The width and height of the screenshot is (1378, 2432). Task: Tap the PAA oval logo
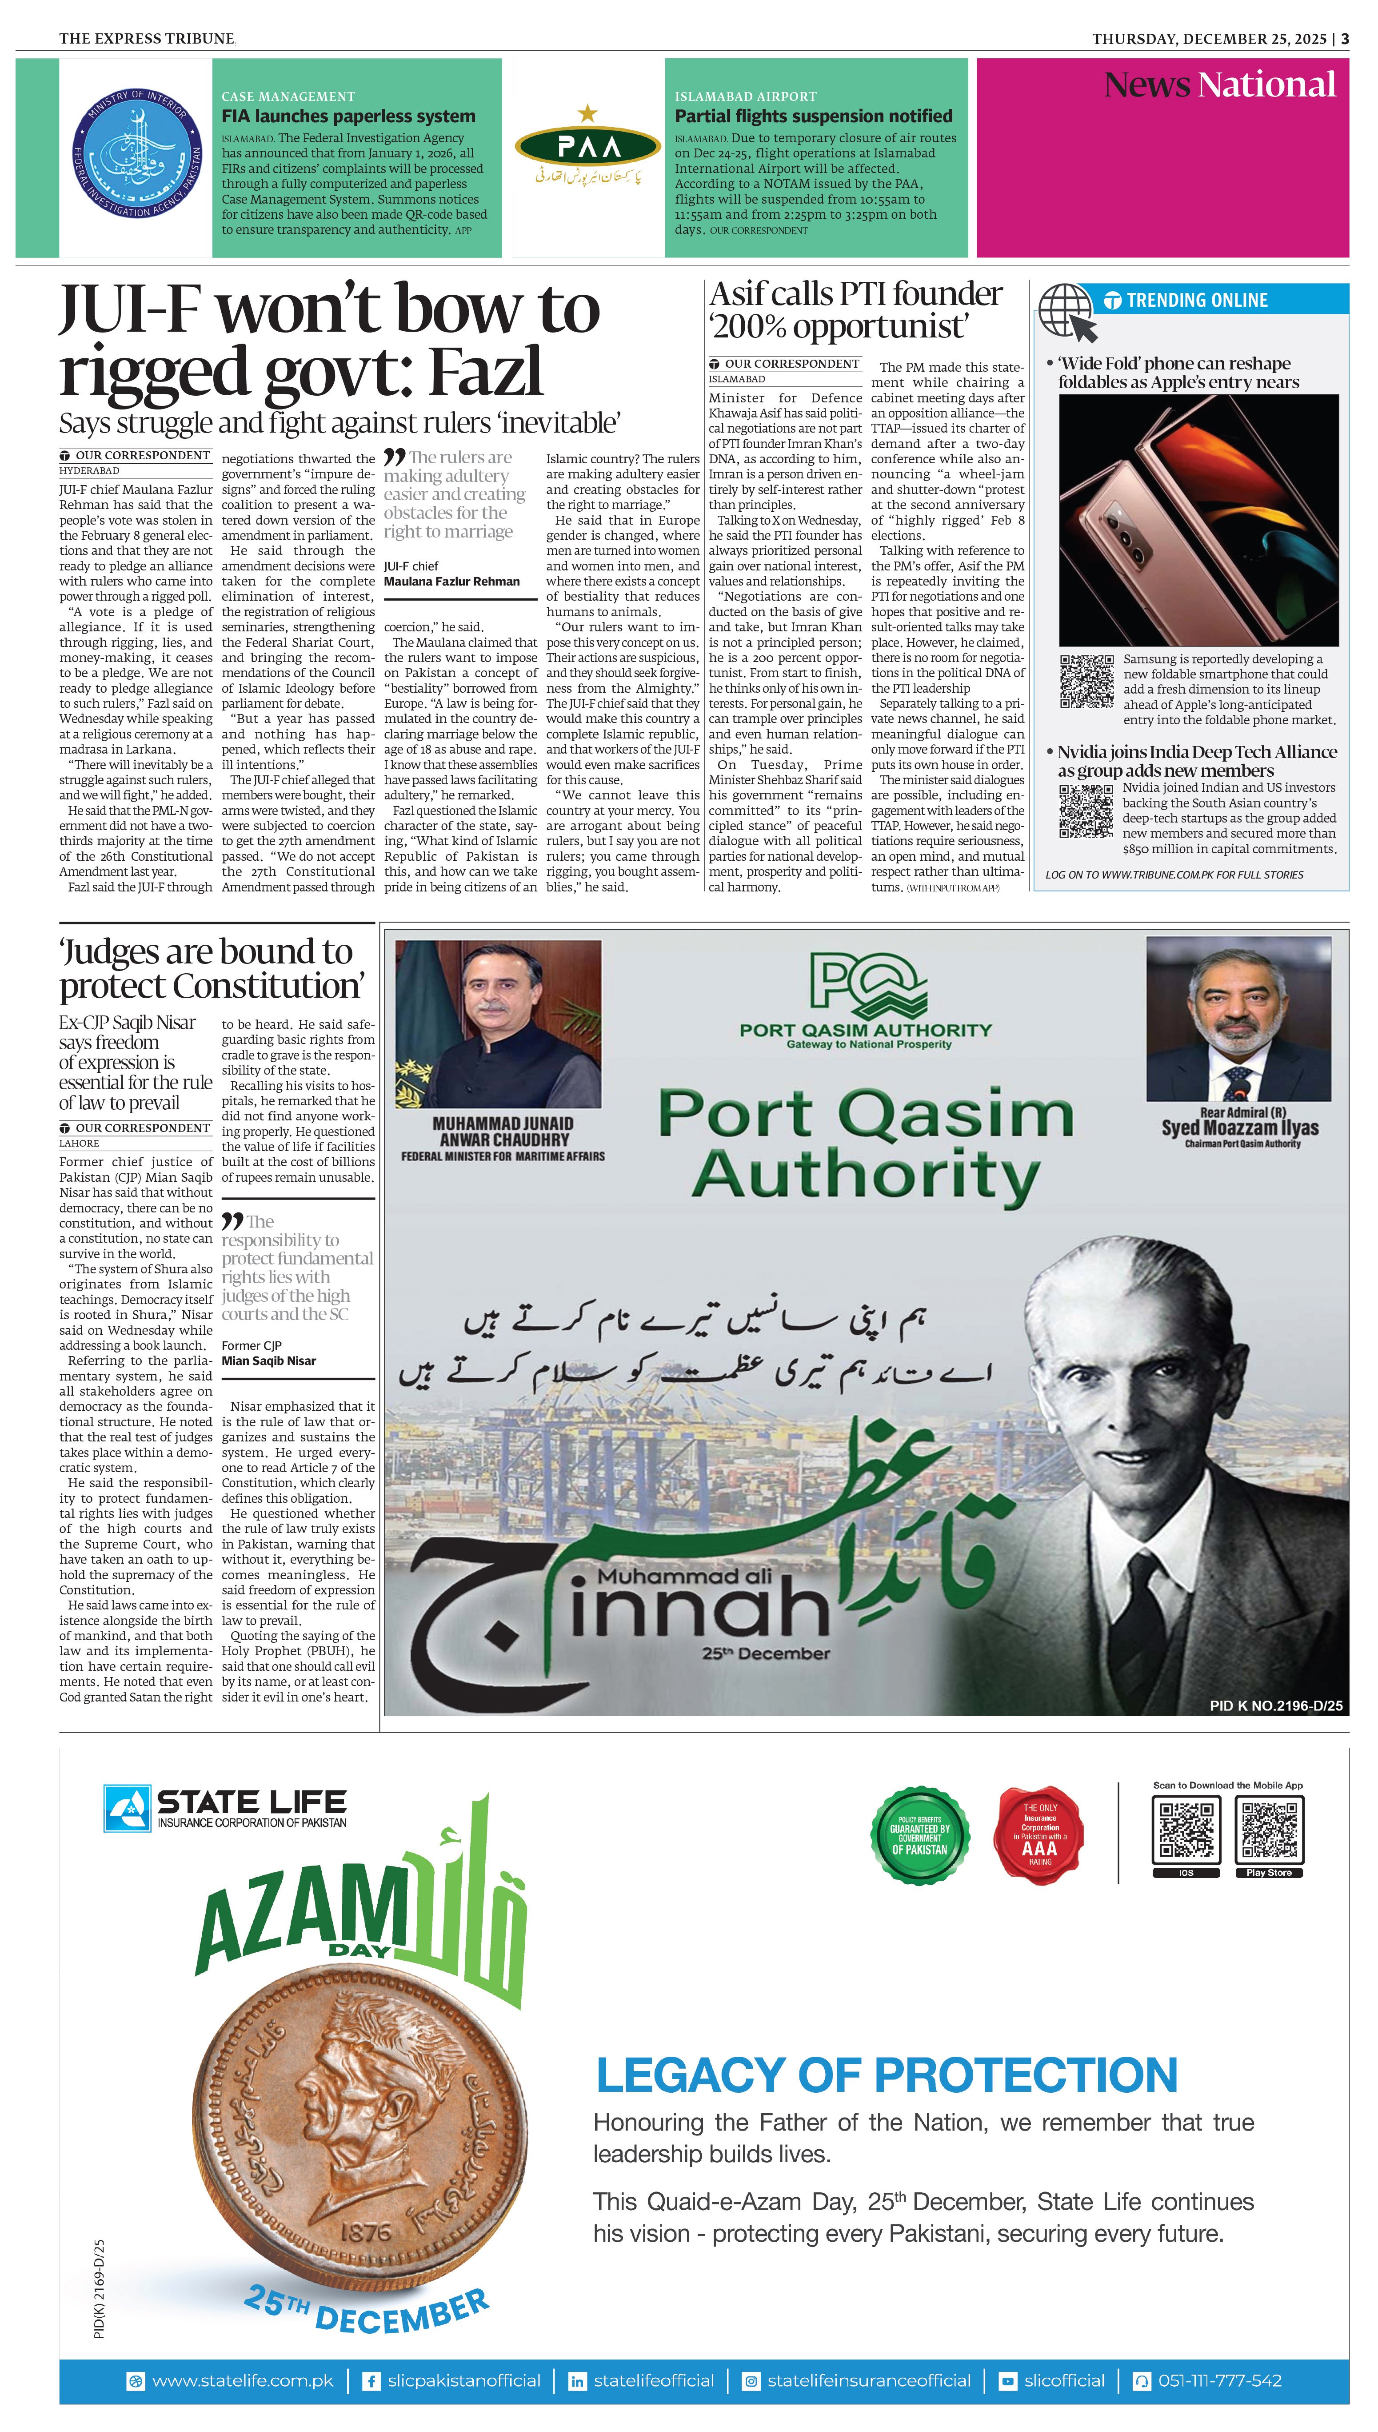point(588,147)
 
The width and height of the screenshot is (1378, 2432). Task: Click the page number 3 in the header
point(1344,39)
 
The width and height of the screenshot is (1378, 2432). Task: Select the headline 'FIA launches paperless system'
point(348,116)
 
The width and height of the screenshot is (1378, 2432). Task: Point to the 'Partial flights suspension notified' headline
point(813,116)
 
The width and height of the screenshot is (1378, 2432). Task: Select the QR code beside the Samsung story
point(1086,681)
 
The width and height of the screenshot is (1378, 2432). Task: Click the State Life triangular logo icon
point(127,1808)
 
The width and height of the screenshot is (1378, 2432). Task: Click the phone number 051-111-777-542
point(1219,2380)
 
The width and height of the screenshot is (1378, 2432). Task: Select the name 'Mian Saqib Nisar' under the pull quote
point(269,1360)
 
